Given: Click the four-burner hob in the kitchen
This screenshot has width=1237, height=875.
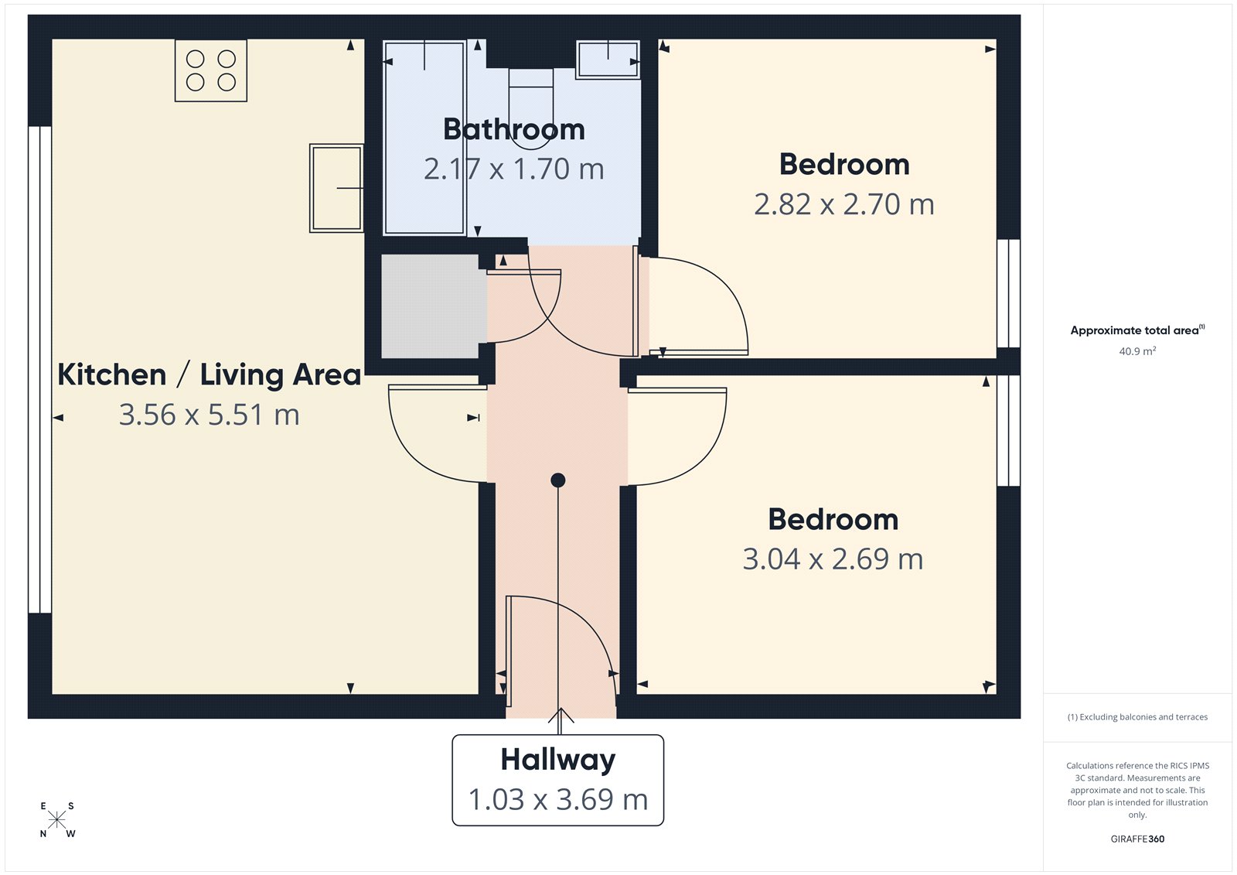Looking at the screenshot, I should pos(211,70).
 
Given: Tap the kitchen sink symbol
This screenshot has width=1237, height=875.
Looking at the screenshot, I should pos(336,188).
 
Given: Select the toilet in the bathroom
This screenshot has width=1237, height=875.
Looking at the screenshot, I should pos(531,96).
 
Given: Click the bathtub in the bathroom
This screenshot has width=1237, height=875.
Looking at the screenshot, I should pos(424,138).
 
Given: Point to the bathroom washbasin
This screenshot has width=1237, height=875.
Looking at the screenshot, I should pos(608,59).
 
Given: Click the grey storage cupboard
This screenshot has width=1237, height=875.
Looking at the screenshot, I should pos(430,306).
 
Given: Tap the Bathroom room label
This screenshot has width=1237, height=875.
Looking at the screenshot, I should pos(514,129).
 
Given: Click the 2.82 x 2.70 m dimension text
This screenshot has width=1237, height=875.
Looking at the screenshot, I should pos(844,204).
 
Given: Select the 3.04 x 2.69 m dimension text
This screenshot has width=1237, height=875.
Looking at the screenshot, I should pos(833,559).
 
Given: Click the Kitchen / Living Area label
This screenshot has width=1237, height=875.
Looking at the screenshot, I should pos(210,374).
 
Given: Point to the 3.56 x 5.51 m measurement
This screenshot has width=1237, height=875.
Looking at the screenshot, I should pos(210,415).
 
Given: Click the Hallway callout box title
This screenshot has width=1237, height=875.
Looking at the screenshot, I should pos(557,760).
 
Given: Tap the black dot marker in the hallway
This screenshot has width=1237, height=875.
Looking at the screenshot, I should pos(558,480).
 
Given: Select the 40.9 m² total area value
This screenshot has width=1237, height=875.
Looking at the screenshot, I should pos(1137,351).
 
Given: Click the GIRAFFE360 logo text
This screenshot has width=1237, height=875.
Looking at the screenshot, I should pos(1137,839).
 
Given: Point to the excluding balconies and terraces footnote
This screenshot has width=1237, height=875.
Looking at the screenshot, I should pos(1137,717).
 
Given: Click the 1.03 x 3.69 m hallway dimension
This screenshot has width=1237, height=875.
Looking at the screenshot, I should pos(557,799).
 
